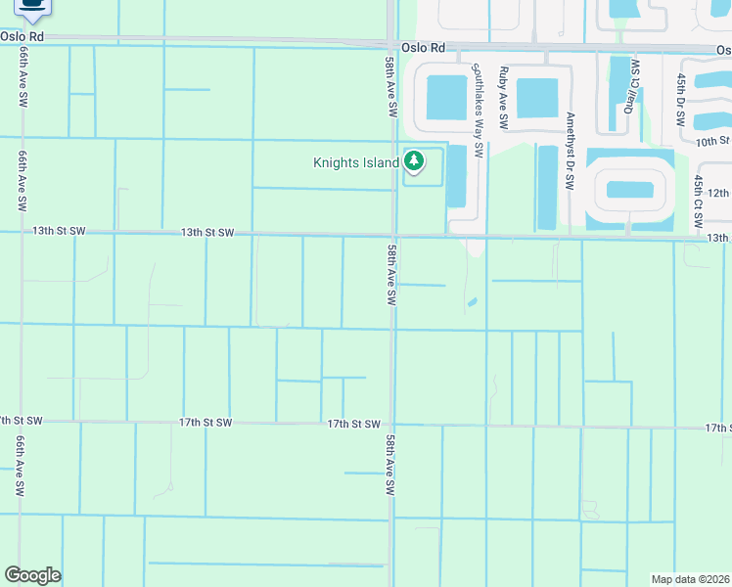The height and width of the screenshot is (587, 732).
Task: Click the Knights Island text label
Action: click(355, 162)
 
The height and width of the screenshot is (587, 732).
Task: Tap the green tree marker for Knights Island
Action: click(414, 160)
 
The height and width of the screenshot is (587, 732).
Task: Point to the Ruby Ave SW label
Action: click(503, 98)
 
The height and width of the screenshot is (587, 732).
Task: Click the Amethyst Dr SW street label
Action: click(570, 150)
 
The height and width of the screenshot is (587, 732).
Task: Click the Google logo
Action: click(32, 575)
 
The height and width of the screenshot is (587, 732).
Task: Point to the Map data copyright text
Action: click(690, 579)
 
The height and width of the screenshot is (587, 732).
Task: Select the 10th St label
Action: click(712, 142)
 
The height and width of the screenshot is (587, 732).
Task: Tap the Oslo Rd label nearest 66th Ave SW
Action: click(23, 36)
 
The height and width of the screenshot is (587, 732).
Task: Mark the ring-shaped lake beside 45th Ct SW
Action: click(628, 189)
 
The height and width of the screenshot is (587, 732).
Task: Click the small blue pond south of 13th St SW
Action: click(472, 301)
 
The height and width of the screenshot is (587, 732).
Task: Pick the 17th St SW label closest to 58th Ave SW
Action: click(353, 424)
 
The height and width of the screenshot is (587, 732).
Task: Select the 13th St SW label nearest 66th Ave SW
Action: click(59, 232)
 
